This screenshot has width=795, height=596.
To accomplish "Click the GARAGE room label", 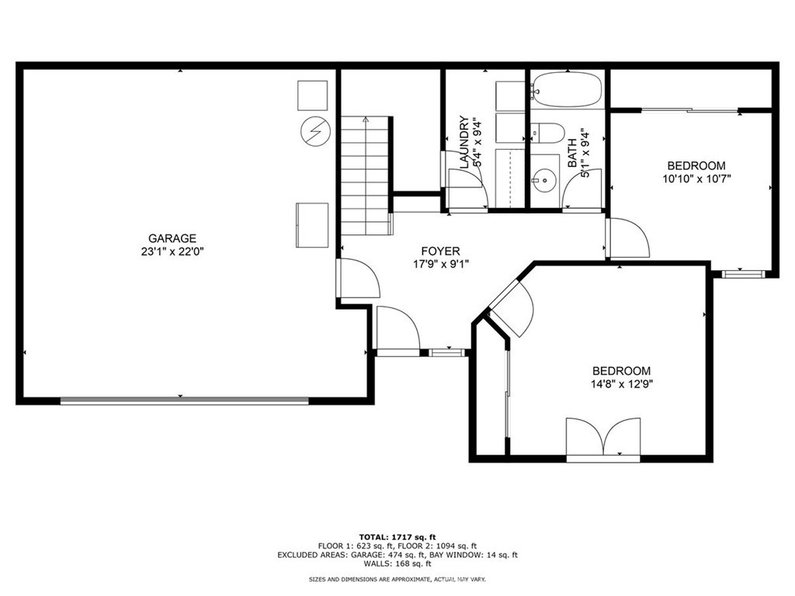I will [x=172, y=238].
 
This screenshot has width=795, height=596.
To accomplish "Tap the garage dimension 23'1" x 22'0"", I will [x=172, y=251].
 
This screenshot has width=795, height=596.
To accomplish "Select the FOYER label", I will [x=440, y=251].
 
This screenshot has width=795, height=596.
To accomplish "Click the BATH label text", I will [x=572, y=153].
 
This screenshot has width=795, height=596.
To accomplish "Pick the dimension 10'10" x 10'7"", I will [x=696, y=178].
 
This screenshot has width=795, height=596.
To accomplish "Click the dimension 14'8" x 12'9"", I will [x=621, y=384].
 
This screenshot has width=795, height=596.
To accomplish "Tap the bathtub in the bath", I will [x=567, y=89].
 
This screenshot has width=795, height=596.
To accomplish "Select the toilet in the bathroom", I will [x=547, y=133].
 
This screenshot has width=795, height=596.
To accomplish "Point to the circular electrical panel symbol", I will [x=314, y=131].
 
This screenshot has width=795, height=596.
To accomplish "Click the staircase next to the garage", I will [x=366, y=177].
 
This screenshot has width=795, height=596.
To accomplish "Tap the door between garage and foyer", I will [x=356, y=279].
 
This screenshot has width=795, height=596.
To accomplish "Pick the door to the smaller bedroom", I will [x=627, y=238].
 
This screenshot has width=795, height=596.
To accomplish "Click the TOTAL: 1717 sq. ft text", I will [x=397, y=537].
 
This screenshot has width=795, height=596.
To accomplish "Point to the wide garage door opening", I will [x=184, y=400].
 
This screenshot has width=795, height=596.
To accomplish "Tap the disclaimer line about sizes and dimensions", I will [x=397, y=580].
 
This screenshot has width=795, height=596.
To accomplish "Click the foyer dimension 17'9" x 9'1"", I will [x=440, y=264].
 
